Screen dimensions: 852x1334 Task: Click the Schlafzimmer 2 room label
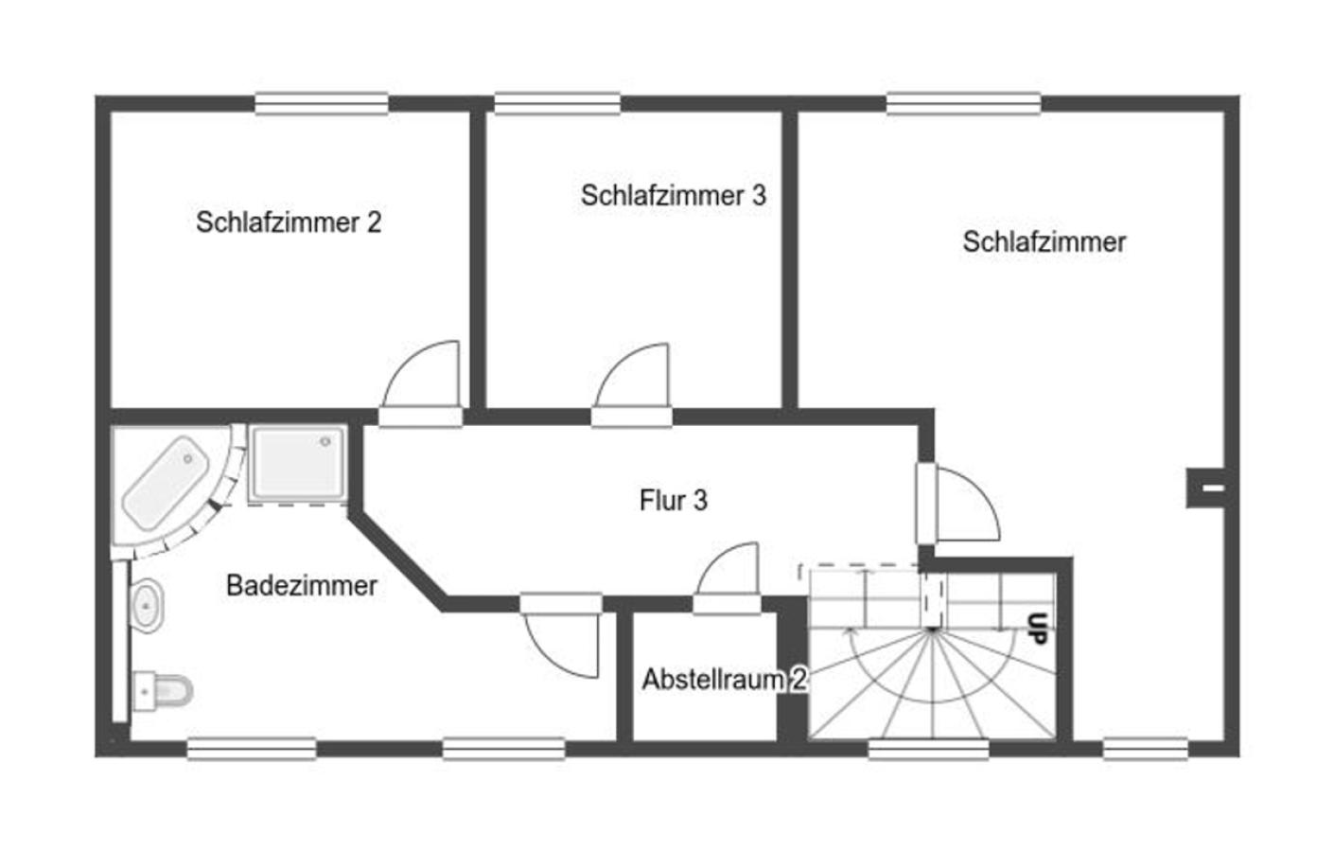click(289, 222)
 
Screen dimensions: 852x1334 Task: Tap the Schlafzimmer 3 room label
click(673, 196)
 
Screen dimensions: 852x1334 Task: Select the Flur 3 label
click(673, 500)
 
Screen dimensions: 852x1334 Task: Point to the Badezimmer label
click(302, 585)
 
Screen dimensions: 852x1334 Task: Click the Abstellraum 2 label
click(724, 679)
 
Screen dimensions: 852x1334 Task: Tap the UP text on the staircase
click(1037, 629)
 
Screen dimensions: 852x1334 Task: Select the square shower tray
click(297, 464)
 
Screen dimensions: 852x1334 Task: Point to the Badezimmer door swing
click(562, 640)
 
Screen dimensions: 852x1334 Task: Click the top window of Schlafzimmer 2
click(321, 103)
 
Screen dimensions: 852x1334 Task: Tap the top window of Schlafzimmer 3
click(557, 103)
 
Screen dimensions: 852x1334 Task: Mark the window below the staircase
click(928, 750)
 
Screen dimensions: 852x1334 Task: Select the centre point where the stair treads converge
click(933, 630)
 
